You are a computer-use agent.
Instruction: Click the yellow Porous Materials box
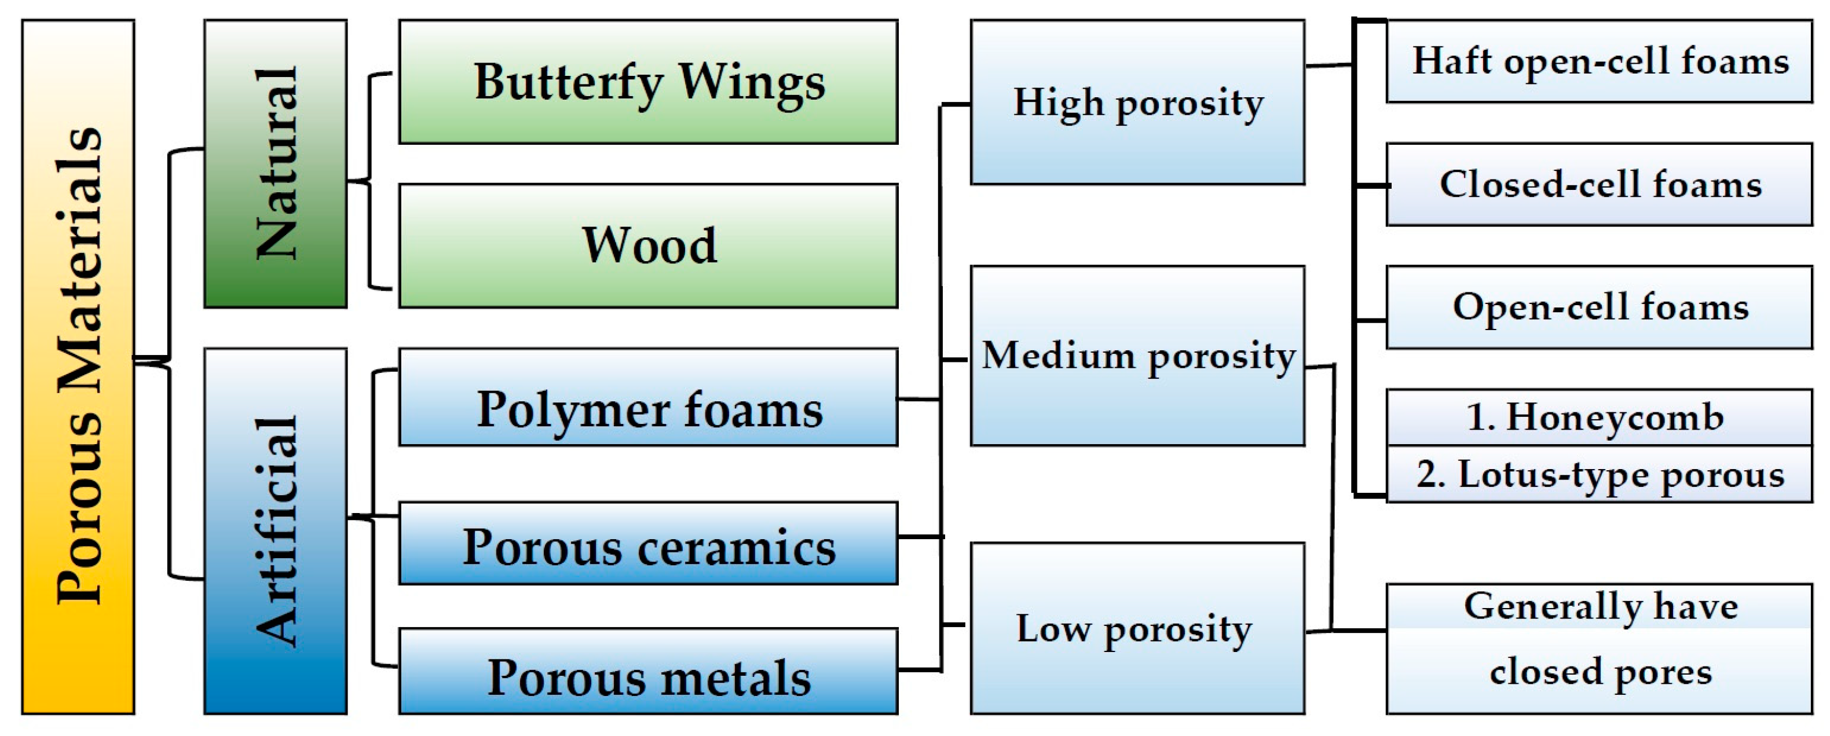tap(78, 367)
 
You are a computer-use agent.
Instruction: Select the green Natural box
tap(276, 163)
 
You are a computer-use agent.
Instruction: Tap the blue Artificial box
tap(276, 530)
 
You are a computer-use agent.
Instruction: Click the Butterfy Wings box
tap(648, 82)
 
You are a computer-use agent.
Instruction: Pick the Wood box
tap(648, 246)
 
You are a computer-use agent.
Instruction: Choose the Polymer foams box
tap(648, 397)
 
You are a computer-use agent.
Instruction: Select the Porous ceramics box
tap(648, 544)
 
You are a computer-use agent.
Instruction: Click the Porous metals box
tap(648, 671)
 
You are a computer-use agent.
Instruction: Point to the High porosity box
tap(1137, 102)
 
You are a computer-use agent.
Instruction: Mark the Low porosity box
tap(1137, 629)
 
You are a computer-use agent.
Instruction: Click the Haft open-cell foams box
tap(1599, 61)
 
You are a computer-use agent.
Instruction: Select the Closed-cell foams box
tap(1599, 185)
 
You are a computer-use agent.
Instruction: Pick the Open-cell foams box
tap(1599, 307)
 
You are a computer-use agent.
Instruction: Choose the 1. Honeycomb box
tap(1599, 418)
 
